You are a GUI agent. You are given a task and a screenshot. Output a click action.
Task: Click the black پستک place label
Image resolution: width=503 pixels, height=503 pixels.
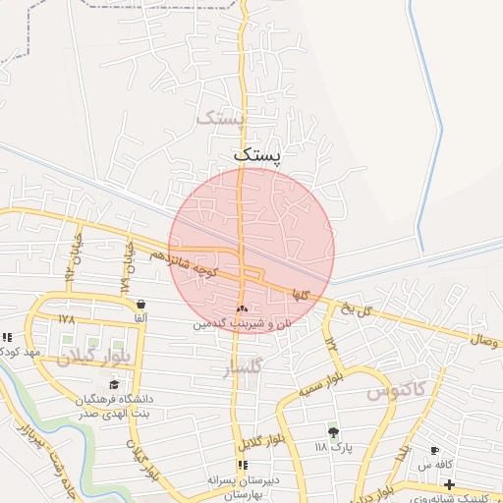tap(257, 155)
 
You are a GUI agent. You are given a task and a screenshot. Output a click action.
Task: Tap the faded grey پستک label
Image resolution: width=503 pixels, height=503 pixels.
tap(218, 118)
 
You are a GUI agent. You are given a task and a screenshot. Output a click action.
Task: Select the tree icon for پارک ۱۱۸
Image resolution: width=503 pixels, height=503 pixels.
tap(333, 431)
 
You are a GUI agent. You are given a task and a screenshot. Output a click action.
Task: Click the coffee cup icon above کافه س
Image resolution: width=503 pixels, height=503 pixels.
tap(435, 451)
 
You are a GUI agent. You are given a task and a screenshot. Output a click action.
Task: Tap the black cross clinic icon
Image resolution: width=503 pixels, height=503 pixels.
tap(449, 484)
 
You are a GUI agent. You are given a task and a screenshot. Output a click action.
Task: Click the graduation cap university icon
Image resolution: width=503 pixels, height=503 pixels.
tap(114, 384)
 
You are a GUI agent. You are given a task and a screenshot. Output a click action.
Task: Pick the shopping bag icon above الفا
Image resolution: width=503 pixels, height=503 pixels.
tap(141, 304)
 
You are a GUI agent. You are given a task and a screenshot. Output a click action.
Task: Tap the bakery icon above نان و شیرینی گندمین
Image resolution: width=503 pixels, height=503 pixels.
tap(242, 308)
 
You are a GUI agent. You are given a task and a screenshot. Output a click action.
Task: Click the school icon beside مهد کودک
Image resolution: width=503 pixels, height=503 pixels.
tap(7, 337)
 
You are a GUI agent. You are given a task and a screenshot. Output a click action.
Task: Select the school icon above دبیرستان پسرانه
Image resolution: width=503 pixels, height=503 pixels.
tap(242, 465)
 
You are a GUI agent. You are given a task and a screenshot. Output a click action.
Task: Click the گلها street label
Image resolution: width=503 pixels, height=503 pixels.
tap(301, 294)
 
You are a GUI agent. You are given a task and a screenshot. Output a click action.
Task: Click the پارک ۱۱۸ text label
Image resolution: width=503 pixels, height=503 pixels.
tap(333, 447)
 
